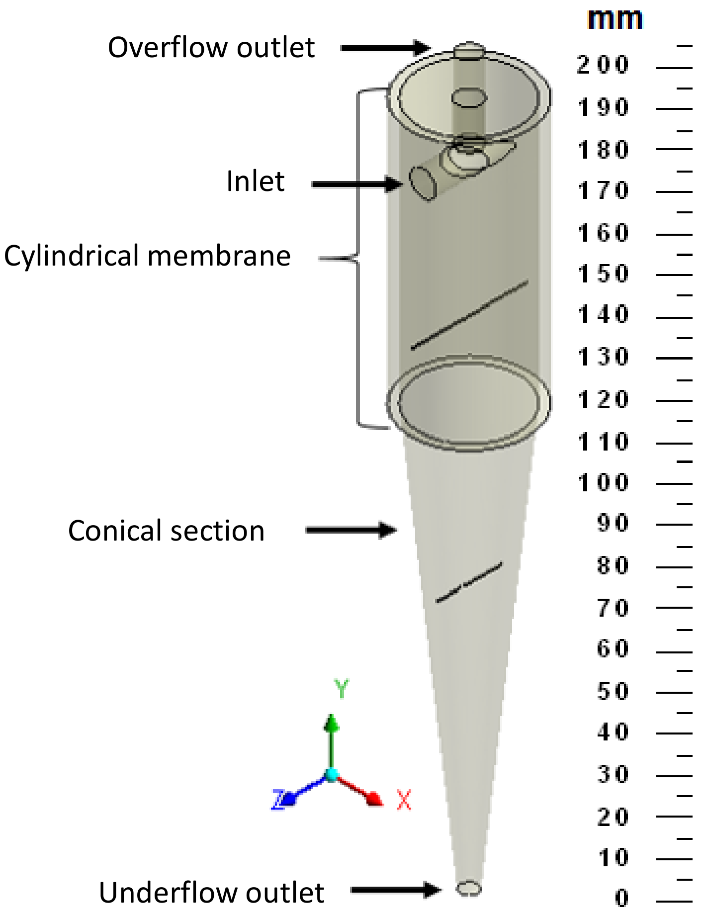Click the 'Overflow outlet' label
point(211,48)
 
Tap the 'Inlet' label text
point(255,181)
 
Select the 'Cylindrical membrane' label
point(147,256)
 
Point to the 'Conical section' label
point(166,531)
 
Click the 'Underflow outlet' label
point(211,892)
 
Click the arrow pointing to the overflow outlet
point(385,48)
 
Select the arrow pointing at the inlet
point(356,184)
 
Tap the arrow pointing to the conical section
point(351,530)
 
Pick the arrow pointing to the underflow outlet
point(395,890)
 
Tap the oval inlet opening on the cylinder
point(423,184)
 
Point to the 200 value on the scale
point(603,65)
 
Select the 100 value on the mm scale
point(603,483)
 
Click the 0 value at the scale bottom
point(621,898)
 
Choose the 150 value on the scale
point(603,274)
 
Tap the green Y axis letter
point(342,689)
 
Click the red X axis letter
point(404,800)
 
